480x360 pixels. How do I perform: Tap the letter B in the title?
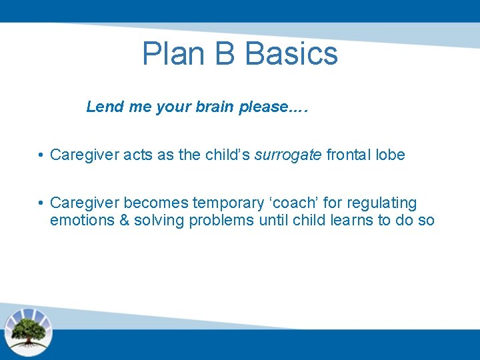coord(225,53)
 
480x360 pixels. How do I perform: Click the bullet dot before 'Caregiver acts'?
coord(41,155)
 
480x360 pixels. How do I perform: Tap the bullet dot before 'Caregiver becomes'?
coord(41,203)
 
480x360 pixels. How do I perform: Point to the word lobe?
coord(390,155)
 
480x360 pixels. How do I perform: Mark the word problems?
coord(221,221)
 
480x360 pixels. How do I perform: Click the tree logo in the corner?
coord(28,331)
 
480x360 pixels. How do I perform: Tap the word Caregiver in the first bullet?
coord(81,155)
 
